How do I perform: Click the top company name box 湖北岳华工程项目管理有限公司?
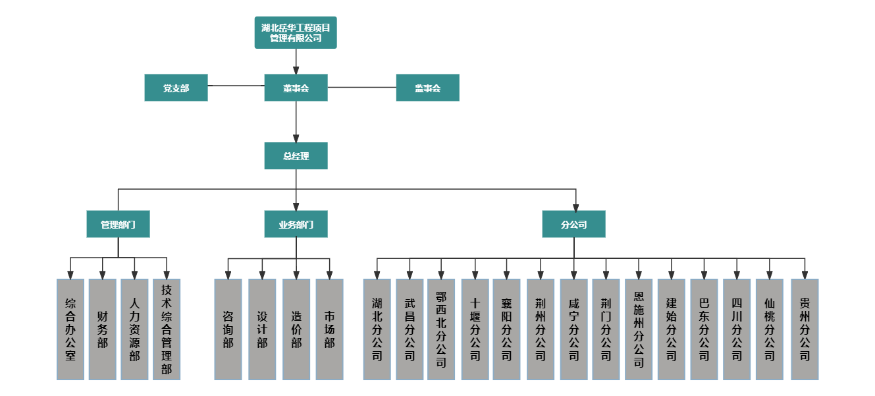[296, 33]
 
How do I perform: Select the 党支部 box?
[176, 88]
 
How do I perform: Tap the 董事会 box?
[296, 88]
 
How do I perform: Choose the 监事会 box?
[427, 88]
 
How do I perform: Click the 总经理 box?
[296, 156]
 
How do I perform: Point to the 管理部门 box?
[118, 225]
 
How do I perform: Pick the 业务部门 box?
[296, 225]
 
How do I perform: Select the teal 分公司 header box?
[573, 225]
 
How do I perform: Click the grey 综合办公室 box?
[70, 329]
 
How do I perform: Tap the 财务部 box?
[102, 329]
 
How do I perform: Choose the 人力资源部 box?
[134, 329]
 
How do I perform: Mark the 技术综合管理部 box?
[167, 329]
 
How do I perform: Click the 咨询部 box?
[228, 329]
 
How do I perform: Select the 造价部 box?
[296, 329]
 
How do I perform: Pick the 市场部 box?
[329, 329]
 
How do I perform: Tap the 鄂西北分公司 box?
[441, 329]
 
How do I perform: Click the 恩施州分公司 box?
[639, 329]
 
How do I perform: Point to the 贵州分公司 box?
[805, 329]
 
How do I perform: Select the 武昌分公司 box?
[410, 329]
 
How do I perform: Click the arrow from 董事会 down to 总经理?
[296, 122]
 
